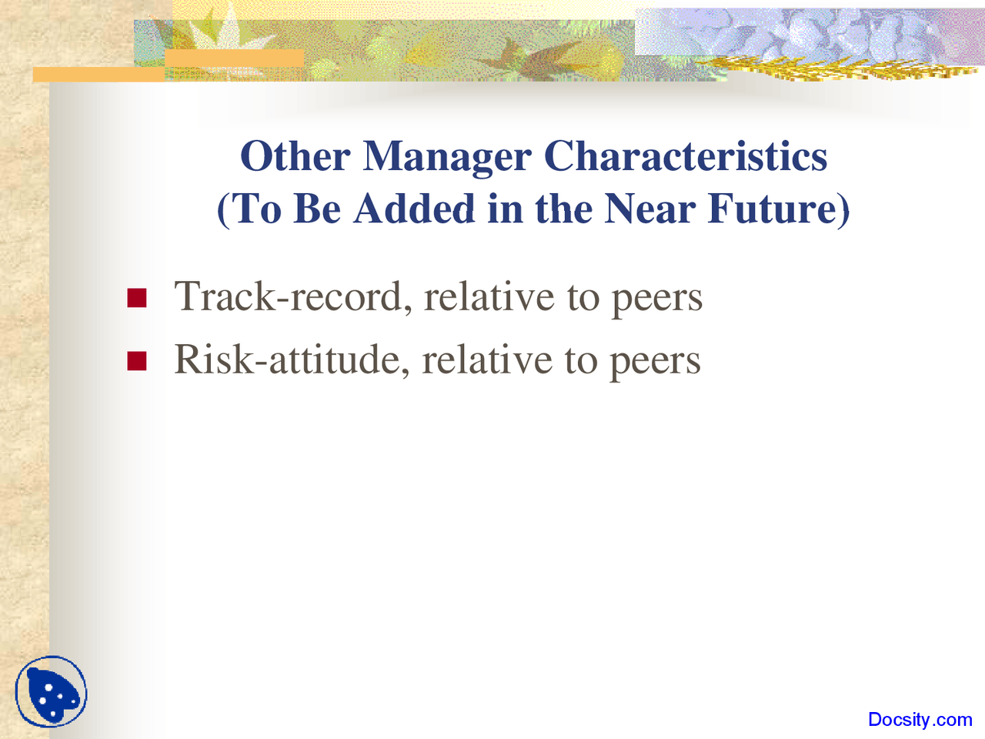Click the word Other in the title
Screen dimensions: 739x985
tap(295, 156)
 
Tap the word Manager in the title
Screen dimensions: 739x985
tap(446, 158)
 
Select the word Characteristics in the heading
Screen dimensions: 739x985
tap(686, 156)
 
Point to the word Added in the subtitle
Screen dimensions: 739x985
tap(414, 209)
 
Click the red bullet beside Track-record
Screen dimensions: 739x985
tap(137, 298)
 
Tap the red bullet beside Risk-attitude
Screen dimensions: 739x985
tap(137, 360)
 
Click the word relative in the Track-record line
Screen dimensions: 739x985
tap(489, 296)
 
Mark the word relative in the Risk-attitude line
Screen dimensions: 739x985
tap(487, 359)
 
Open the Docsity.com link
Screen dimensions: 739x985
tap(920, 720)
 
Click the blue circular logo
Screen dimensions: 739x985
tap(52, 692)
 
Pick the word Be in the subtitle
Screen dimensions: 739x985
tap(317, 209)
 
